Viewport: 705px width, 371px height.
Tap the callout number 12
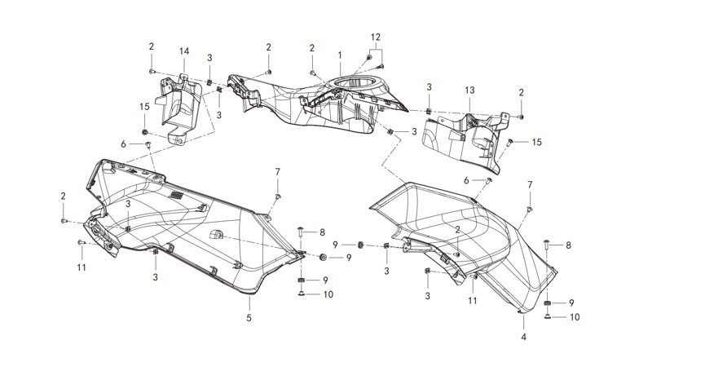pyautogui.click(x=375, y=38)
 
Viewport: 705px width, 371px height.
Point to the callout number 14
pyautogui.click(x=184, y=52)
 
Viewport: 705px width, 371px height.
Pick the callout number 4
pyautogui.click(x=523, y=337)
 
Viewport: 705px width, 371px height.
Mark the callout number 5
pyautogui.click(x=249, y=318)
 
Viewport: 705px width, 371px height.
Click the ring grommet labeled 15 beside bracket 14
pyautogui.click(x=145, y=131)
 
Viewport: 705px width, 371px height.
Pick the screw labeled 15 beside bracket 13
pyautogui.click(x=511, y=142)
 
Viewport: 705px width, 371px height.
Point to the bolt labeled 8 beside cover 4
pyautogui.click(x=547, y=244)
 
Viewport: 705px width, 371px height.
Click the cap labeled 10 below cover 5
pyautogui.click(x=302, y=295)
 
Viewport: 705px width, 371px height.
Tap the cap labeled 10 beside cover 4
pyautogui.click(x=549, y=316)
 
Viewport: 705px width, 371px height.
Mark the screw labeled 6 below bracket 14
pyautogui.click(x=149, y=144)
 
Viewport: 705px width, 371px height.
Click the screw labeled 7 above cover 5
pyautogui.click(x=278, y=197)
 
